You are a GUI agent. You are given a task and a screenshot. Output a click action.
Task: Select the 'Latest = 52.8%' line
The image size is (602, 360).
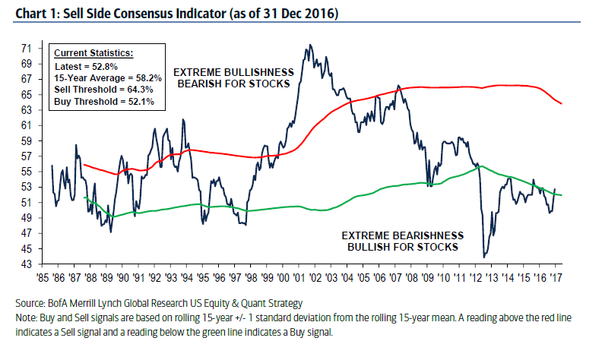pyautogui.click(x=87, y=66)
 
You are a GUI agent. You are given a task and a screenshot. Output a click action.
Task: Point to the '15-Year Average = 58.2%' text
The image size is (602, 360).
pyautogui.click(x=106, y=77)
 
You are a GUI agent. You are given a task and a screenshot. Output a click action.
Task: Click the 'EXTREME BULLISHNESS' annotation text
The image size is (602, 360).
pyautogui.click(x=233, y=72)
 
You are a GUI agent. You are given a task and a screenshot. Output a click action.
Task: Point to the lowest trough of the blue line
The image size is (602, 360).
pyautogui.click(x=484, y=257)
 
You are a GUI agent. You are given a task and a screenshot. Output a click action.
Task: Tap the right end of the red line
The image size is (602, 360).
pyautogui.click(x=561, y=104)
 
